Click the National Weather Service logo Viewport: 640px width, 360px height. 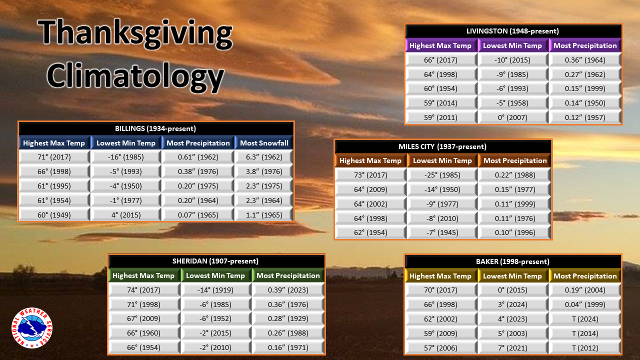click(x=32, y=328)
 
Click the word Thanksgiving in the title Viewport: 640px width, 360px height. click(x=135, y=33)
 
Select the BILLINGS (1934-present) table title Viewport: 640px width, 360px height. click(x=155, y=128)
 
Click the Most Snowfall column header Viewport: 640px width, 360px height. click(x=264, y=143)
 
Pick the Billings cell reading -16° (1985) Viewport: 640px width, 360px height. click(x=125, y=157)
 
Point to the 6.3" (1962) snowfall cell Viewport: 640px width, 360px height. click(x=264, y=157)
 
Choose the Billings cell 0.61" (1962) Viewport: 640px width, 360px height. click(x=198, y=157)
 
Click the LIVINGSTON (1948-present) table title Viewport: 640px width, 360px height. click(x=512, y=31)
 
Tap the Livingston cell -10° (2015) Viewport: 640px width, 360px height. click(x=512, y=60)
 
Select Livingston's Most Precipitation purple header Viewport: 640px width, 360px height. click(x=585, y=45)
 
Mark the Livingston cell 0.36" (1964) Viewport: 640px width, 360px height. click(x=585, y=60)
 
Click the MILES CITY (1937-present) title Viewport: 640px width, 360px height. click(x=442, y=146)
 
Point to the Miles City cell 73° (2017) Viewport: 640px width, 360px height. click(x=370, y=175)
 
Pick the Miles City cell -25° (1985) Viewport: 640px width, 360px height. click(x=442, y=175)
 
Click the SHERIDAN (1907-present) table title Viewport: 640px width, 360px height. click(x=215, y=261)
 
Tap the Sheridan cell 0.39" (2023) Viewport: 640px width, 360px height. click(x=288, y=290)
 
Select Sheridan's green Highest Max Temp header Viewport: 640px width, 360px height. click(x=143, y=275)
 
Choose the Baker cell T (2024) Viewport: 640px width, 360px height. click(x=585, y=319)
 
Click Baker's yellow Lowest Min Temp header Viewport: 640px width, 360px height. click(x=512, y=276)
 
